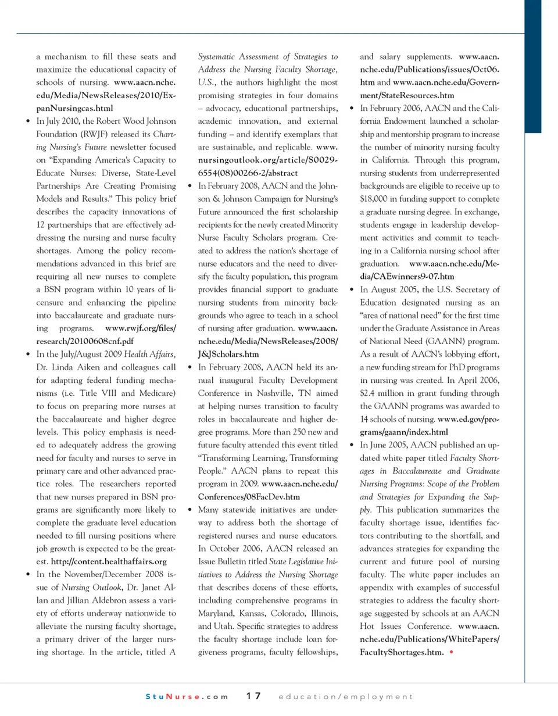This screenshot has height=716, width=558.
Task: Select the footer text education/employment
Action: pos(346,696)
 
